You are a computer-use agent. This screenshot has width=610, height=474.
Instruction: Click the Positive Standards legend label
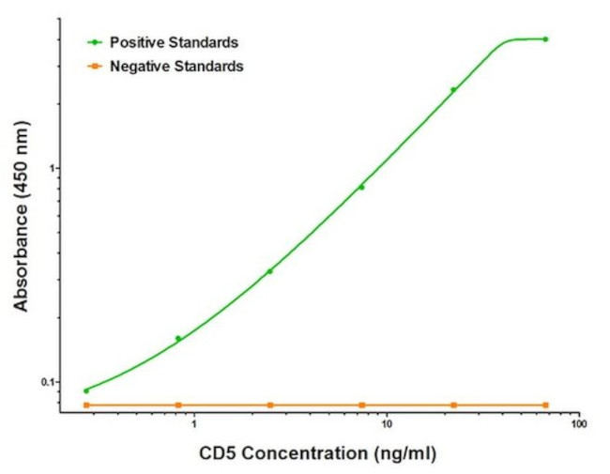pyautogui.click(x=174, y=43)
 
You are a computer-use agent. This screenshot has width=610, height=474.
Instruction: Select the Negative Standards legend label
pyautogui.click(x=176, y=67)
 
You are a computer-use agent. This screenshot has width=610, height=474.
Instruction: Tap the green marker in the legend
pyautogui.click(x=95, y=43)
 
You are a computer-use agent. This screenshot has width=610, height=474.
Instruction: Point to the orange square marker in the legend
pyautogui.click(x=95, y=67)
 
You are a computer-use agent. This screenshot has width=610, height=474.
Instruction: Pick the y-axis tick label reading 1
pyautogui.click(x=53, y=168)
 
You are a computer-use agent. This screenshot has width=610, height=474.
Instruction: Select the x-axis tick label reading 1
pyautogui.click(x=193, y=424)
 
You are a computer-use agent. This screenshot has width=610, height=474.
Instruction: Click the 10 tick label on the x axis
pyautogui.click(x=386, y=424)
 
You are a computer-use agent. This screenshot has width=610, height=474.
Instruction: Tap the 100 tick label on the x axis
pyautogui.click(x=578, y=424)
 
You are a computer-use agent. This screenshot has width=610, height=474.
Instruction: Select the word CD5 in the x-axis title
pyautogui.click(x=219, y=453)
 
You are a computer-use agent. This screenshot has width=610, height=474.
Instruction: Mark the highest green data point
pyautogui.click(x=545, y=39)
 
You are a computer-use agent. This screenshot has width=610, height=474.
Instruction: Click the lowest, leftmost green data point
pyautogui.click(x=86, y=390)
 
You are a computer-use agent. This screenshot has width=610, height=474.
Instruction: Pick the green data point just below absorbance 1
pyautogui.click(x=361, y=187)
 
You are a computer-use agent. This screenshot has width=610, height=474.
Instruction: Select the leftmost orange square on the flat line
pyautogui.click(x=86, y=405)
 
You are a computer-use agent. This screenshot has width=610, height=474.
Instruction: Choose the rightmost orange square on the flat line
pyautogui.click(x=545, y=405)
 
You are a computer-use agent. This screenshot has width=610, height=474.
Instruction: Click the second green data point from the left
pyautogui.click(x=178, y=338)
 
